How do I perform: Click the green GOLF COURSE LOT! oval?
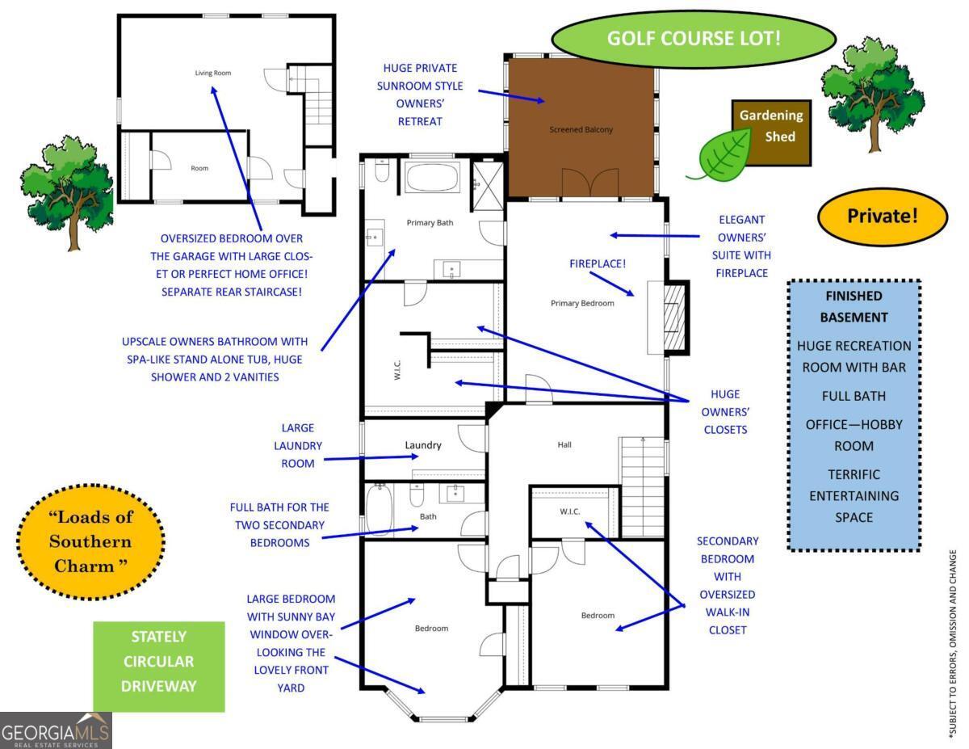pyautogui.click(x=694, y=38)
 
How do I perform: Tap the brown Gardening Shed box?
pyautogui.click(x=770, y=133)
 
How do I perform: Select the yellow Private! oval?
pyautogui.click(x=882, y=217)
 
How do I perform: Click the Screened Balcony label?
pyautogui.click(x=581, y=129)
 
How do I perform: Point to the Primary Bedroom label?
pyautogui.click(x=582, y=303)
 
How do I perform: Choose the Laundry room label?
pyautogui.click(x=422, y=445)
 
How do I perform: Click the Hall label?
pyautogui.click(x=564, y=444)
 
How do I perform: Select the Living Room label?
pyautogui.click(x=213, y=73)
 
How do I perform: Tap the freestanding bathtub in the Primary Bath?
pyautogui.click(x=430, y=176)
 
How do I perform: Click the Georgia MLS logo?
pyautogui.click(x=56, y=730)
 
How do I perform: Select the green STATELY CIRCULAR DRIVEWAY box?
pyautogui.click(x=158, y=666)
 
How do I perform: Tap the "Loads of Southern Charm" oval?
pyautogui.click(x=90, y=541)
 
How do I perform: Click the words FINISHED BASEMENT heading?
pyautogui.click(x=854, y=306)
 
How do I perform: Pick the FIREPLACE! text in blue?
pyautogui.click(x=597, y=263)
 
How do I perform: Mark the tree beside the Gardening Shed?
pyautogui.click(x=871, y=93)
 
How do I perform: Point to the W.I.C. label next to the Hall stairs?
pyautogui.click(x=570, y=511)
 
